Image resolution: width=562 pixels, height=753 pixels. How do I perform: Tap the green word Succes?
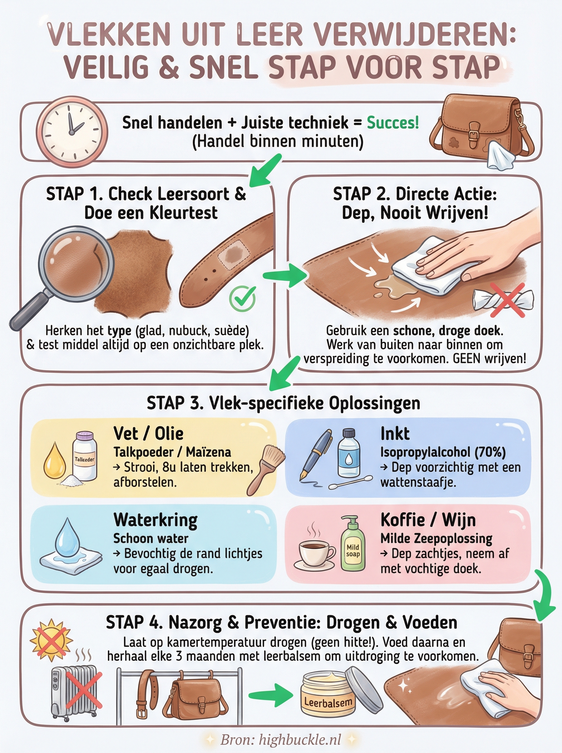coord(393,123)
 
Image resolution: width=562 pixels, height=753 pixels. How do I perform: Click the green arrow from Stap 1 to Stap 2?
coord(284,275)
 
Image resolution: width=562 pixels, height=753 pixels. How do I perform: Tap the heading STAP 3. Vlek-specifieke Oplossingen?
coord(284,403)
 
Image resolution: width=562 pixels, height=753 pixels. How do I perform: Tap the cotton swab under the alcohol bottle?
coord(350,483)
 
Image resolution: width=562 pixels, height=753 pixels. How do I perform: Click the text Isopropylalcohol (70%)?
coord(443,452)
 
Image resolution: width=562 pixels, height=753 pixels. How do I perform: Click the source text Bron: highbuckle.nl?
coord(281,740)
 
